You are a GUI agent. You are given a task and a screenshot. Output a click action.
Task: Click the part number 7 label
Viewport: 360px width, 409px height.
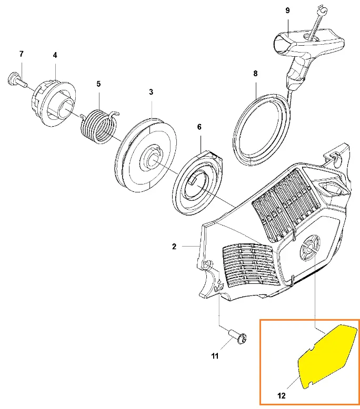(x=22, y=54)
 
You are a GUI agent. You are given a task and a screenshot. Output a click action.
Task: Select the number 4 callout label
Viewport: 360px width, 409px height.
(x=55, y=55)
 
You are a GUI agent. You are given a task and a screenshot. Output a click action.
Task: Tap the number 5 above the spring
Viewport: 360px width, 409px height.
(x=98, y=84)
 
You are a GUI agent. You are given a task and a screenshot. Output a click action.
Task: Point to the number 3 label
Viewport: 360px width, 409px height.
(x=151, y=92)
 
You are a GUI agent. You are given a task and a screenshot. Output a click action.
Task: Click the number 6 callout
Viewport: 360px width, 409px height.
(x=199, y=127)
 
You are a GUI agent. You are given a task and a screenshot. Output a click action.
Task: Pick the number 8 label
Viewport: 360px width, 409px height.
(x=255, y=74)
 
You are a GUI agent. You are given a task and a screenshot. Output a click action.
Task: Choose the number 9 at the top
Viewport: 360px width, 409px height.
(x=287, y=11)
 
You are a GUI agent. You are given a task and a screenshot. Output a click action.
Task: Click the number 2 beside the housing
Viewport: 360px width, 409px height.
(x=174, y=247)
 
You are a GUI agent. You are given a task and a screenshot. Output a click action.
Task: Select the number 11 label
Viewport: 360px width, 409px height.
(x=215, y=356)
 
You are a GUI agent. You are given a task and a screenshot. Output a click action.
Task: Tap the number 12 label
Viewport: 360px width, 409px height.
(x=282, y=396)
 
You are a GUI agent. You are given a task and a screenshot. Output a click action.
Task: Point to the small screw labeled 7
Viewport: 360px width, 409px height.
(x=17, y=80)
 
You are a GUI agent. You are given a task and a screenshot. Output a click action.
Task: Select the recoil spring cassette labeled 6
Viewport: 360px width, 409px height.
(x=198, y=182)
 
